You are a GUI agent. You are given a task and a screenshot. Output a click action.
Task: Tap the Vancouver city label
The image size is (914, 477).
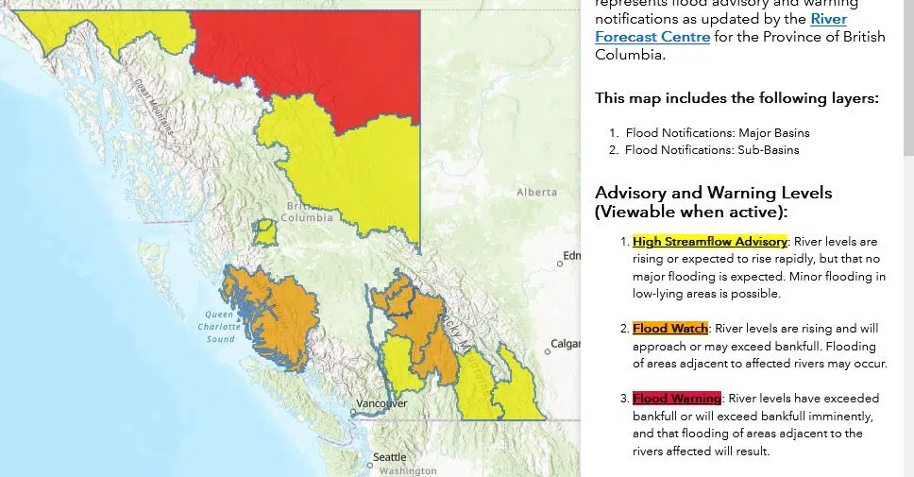381,403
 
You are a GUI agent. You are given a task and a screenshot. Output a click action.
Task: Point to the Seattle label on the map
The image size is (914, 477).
389,457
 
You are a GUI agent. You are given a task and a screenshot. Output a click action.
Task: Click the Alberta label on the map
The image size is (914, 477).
536,192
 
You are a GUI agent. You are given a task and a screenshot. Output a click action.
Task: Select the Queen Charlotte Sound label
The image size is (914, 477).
220,326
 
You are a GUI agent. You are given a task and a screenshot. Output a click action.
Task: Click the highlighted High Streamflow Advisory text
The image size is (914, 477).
709,242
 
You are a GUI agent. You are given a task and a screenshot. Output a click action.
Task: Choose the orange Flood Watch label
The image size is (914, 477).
669,329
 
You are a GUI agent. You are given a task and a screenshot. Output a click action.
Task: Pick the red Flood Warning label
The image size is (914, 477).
676,398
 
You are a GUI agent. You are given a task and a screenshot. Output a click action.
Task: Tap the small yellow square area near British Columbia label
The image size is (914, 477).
265,230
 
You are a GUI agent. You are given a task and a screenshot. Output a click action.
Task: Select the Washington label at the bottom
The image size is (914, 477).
409,470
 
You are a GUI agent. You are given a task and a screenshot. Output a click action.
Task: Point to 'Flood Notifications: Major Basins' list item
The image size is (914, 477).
717,132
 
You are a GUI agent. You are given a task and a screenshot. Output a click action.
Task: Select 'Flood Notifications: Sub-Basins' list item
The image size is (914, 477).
712,149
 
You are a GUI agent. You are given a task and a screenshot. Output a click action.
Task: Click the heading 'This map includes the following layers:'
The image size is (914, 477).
736,98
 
